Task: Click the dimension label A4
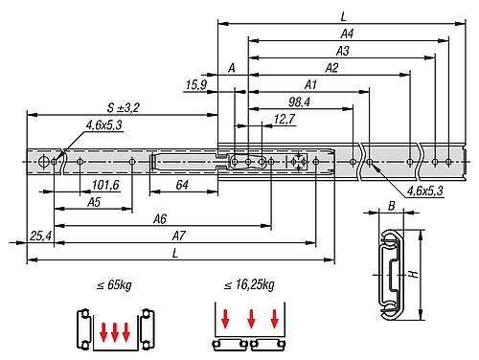(347, 34)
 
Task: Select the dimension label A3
(343, 51)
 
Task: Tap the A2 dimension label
(331, 68)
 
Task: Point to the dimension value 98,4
(299, 102)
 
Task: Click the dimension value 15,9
(196, 85)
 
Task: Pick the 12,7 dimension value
(285, 119)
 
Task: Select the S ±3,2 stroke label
(123, 107)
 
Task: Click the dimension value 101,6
(105, 185)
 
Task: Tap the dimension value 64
(182, 185)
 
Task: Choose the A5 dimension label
(94, 202)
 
